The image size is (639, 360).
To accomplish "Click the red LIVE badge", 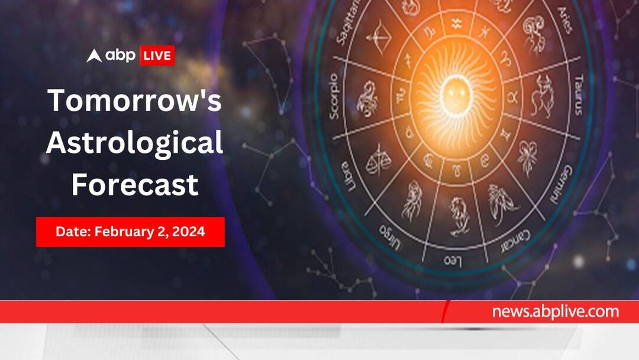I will point(156,56).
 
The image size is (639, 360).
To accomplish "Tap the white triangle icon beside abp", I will point(95,56).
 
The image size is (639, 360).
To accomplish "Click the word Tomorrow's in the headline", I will point(134,101).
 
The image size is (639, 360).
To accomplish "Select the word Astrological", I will point(134,143).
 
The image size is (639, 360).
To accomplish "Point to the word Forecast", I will point(134,185).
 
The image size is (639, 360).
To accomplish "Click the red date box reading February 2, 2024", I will point(130,232).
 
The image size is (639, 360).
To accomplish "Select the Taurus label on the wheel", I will point(579,95).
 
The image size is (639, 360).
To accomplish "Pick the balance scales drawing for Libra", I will point(377,160).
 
